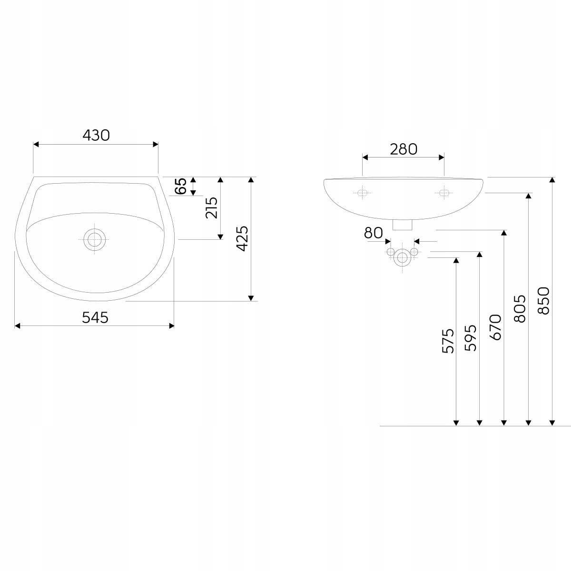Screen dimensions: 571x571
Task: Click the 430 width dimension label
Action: tap(96, 136)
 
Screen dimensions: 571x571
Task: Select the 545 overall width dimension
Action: tap(95, 318)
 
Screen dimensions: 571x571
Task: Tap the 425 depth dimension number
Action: tap(242, 238)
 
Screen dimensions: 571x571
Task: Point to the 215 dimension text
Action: tap(212, 208)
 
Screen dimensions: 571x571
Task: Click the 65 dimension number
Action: tap(181, 186)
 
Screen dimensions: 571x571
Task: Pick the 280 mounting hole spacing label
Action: tap(404, 149)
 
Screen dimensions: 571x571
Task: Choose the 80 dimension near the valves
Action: tap(374, 233)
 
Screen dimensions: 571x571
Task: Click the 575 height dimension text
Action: tap(448, 341)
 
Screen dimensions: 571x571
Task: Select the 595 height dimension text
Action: tap(471, 338)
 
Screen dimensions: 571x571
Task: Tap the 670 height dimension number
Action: tap(495, 327)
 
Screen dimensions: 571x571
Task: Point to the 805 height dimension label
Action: tap(520, 309)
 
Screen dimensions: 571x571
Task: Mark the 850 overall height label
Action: tap(543, 300)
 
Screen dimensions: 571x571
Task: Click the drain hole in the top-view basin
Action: tap(95, 239)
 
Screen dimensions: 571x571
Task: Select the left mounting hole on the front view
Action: tap(362, 193)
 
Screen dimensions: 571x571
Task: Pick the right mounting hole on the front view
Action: tap(444, 193)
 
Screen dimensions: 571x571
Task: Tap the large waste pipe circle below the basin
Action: tap(402, 258)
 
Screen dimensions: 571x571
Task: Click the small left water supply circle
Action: tap(391, 252)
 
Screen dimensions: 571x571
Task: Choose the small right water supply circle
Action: tap(414, 252)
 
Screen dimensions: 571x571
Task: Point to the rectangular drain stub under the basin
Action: tap(402, 225)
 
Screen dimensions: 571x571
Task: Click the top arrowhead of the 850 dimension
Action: tap(552, 180)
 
